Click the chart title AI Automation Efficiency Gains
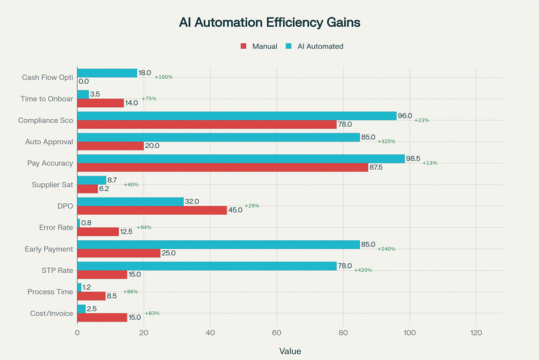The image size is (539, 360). click(269, 23)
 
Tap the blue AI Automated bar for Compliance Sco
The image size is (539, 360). click(237, 116)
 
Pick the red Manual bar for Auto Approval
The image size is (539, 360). click(110, 146)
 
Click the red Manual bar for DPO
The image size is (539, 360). click(151, 210)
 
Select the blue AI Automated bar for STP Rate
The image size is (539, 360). click(207, 266)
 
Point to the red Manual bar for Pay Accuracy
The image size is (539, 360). click(222, 168)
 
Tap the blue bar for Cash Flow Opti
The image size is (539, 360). click(107, 73)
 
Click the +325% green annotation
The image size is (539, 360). click(386, 141)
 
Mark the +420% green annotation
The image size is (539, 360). click(363, 270)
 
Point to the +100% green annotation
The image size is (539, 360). click(163, 77)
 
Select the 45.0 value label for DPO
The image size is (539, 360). click(235, 210)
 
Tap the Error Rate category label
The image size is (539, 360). click(56, 227)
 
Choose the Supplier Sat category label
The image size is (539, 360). click(52, 185)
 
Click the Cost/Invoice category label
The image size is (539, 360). click(52, 313)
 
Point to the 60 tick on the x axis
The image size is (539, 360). click(276, 333)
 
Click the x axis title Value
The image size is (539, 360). click(290, 351)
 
